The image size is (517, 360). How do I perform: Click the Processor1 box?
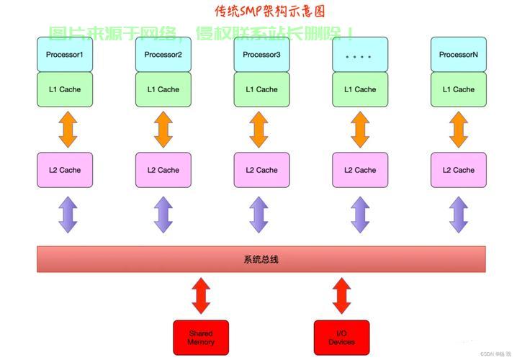[65, 55]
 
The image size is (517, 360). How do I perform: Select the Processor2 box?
[163, 55]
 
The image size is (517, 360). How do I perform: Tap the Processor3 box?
[261, 55]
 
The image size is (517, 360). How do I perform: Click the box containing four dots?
[360, 55]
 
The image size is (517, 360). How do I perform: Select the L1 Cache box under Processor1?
[65, 89]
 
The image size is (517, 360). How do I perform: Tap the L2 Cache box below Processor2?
[163, 170]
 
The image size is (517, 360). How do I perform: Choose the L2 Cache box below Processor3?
[261, 170]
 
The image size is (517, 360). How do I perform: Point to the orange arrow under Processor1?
[67, 130]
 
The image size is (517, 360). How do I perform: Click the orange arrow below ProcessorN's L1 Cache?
[459, 130]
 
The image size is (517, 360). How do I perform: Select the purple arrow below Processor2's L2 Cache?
[163, 214]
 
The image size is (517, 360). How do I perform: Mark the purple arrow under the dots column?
[360, 214]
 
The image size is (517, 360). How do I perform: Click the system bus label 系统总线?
[261, 259]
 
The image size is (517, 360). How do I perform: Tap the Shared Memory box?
[201, 338]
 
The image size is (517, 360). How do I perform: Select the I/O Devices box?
[341, 338]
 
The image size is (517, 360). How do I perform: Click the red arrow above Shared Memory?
[201, 296]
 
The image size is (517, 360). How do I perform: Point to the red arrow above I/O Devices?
[341, 296]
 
